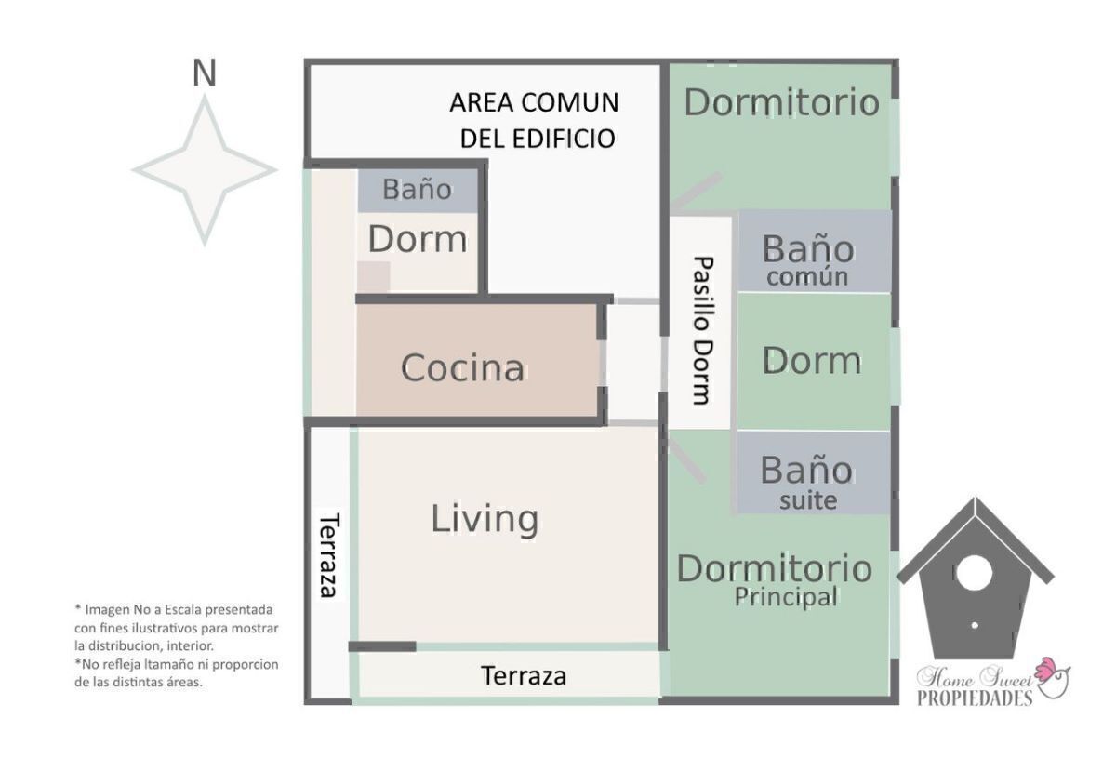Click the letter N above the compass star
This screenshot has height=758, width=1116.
(x=204, y=73)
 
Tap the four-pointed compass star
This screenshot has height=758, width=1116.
(x=205, y=170)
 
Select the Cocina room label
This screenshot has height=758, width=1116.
(x=462, y=368)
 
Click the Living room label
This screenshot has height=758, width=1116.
(x=485, y=518)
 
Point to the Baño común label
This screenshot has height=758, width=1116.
(x=806, y=259)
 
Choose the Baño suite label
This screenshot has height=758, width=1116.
(x=806, y=482)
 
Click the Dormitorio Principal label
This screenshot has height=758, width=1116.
(x=774, y=579)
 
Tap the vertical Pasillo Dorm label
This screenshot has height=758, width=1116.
(x=702, y=330)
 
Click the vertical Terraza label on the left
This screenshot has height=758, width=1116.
(x=327, y=555)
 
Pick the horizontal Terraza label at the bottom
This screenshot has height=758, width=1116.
(x=524, y=676)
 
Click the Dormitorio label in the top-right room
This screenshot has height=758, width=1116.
(x=781, y=102)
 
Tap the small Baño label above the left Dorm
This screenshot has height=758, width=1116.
(x=418, y=190)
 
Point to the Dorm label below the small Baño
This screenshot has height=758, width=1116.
(x=418, y=239)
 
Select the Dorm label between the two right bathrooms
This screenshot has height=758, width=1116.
(x=811, y=361)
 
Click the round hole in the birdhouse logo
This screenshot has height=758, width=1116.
(x=973, y=573)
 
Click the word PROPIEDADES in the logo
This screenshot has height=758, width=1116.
(x=974, y=698)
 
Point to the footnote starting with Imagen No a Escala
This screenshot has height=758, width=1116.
(x=175, y=627)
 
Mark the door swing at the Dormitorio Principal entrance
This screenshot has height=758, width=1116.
(x=685, y=459)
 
